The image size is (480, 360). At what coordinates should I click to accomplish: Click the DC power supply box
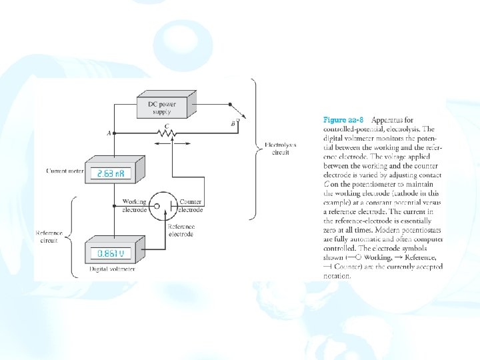tap(161, 106)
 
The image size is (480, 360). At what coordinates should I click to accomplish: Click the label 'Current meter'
tap(65, 171)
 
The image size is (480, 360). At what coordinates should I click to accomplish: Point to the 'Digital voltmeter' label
tap(112, 269)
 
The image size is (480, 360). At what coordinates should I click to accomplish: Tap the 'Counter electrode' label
tap(191, 205)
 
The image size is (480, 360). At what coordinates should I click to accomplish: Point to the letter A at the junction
tap(108, 133)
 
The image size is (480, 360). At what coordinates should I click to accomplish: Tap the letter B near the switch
tap(232, 124)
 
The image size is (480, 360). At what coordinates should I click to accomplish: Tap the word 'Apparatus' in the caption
tap(388, 121)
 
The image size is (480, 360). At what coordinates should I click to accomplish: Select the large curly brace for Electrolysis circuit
tap(254, 148)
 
